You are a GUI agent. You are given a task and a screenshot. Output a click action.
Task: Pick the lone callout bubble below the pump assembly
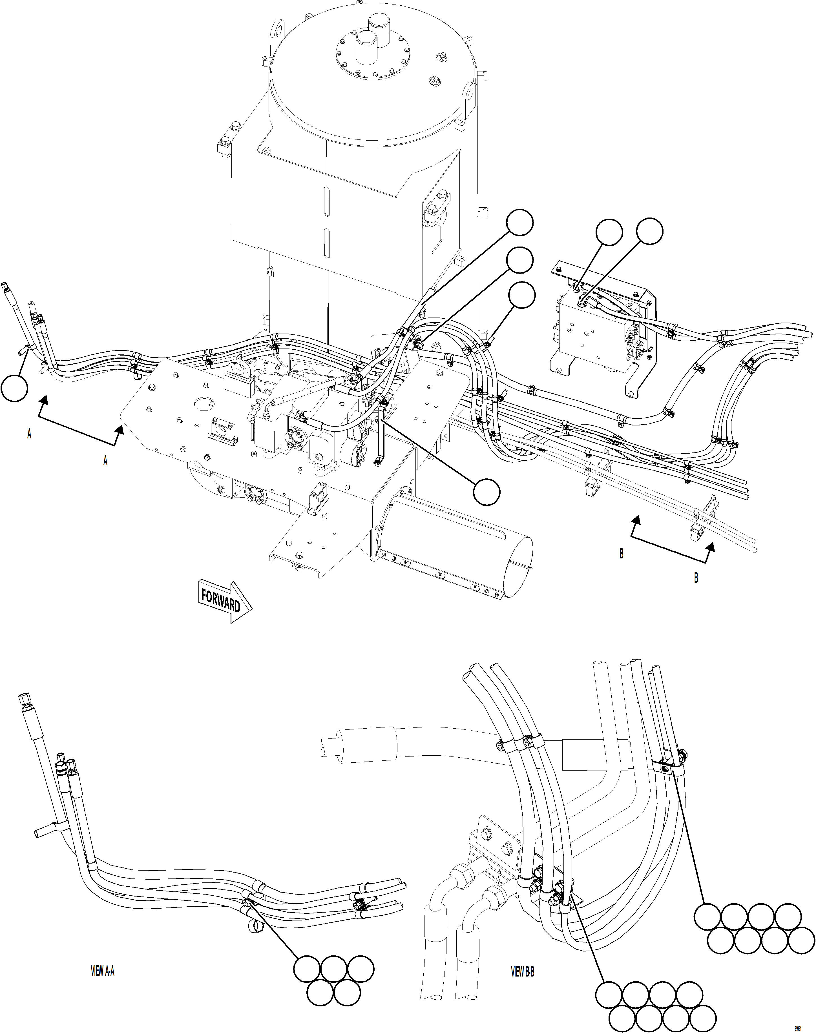pos(487,491)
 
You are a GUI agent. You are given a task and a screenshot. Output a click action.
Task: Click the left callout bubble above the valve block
pos(609,233)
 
